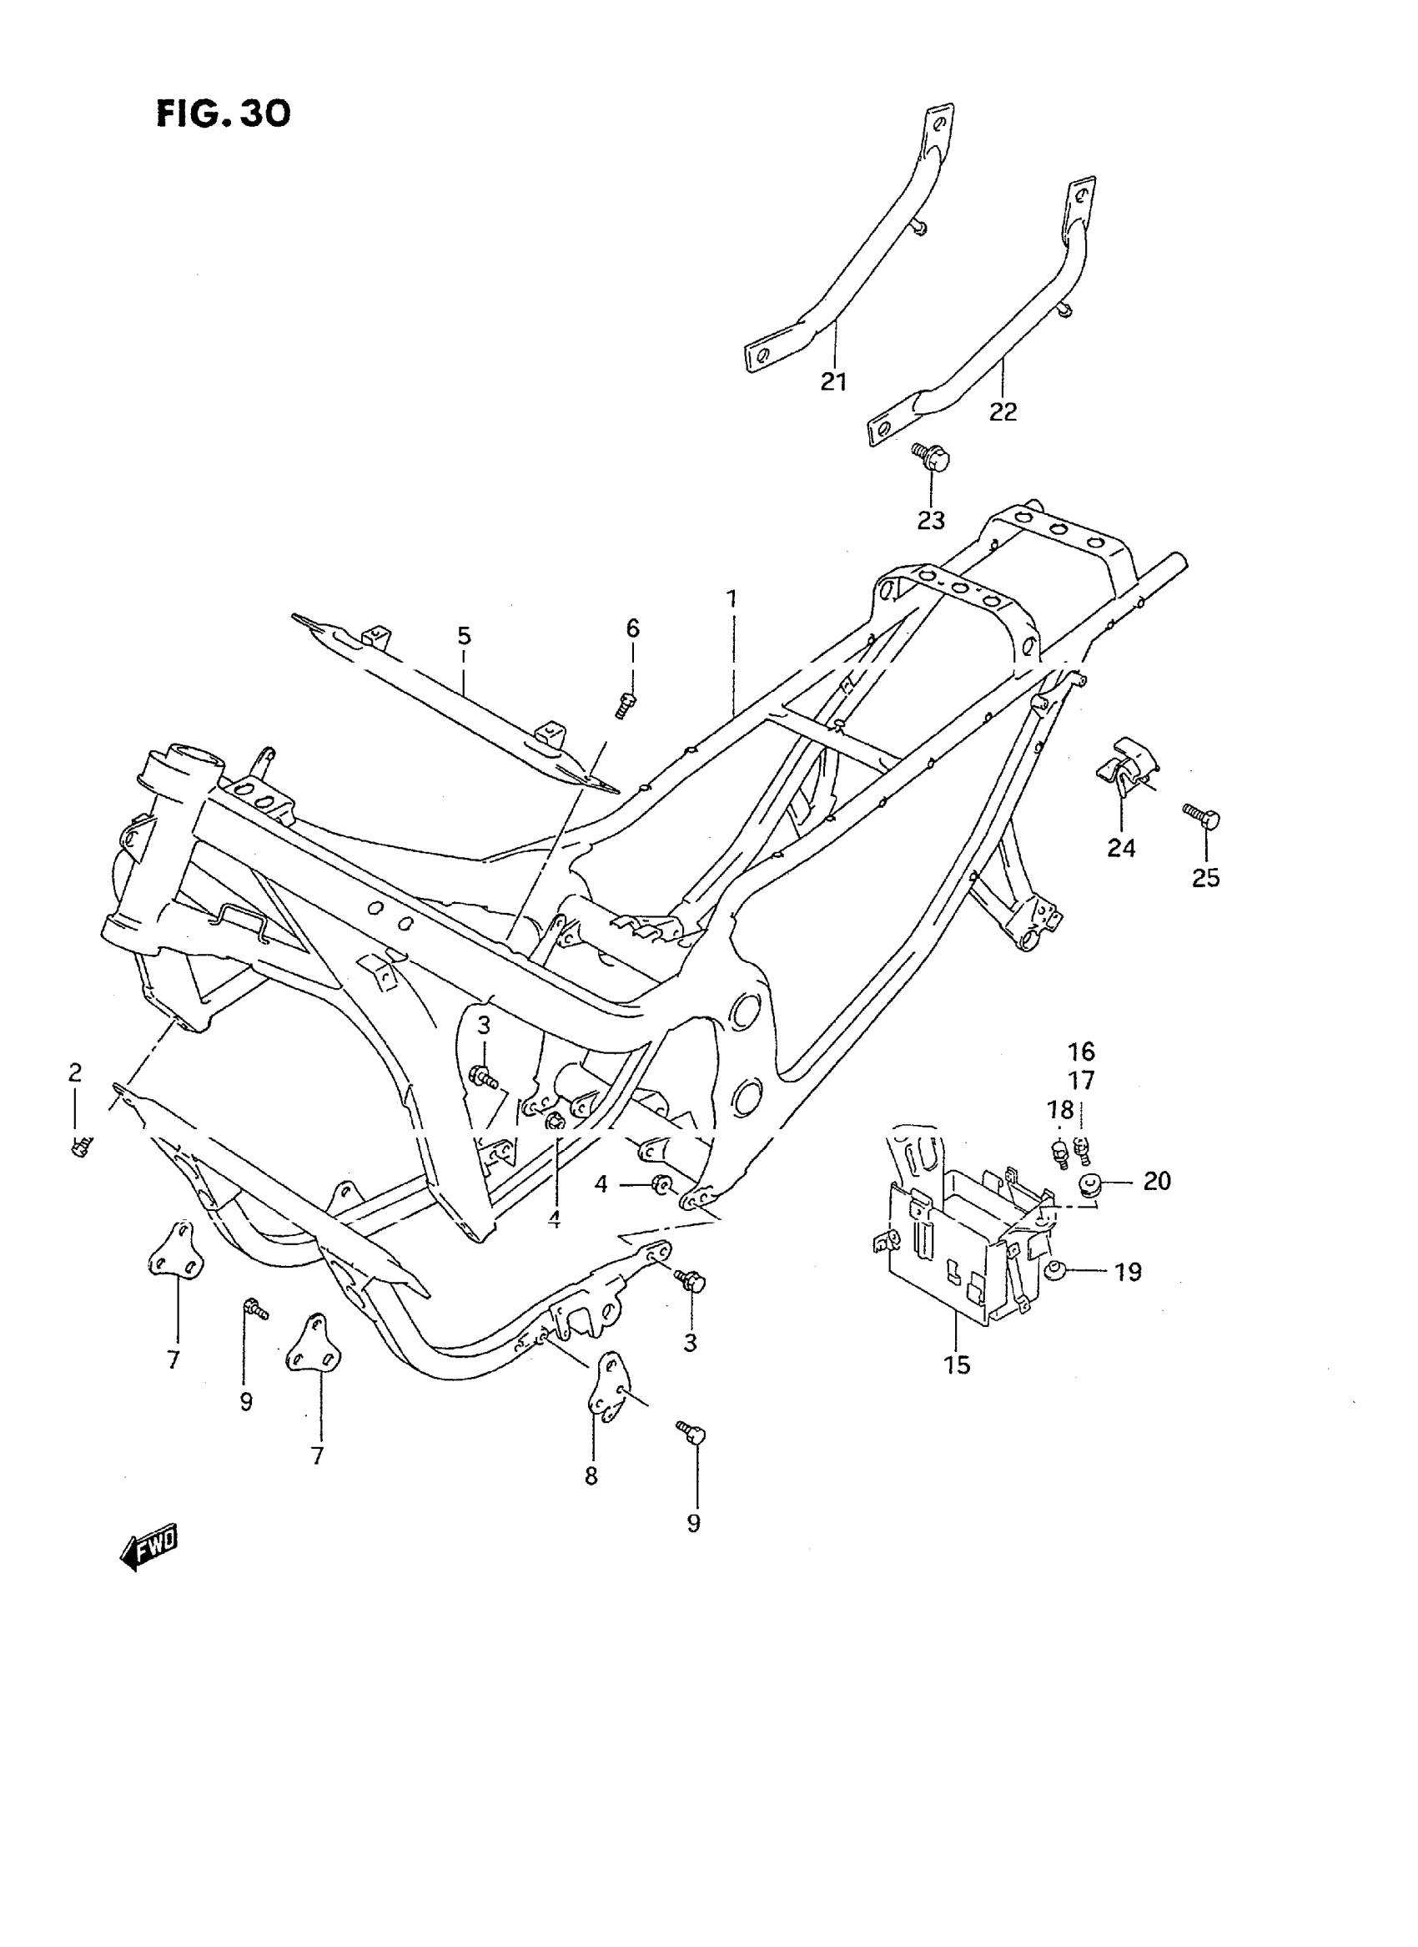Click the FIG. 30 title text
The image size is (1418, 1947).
coord(224,113)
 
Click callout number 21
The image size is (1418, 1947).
coord(832,382)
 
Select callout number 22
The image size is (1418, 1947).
coord(1003,412)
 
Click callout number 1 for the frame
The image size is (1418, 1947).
coord(732,598)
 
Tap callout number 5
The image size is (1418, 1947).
coord(464,637)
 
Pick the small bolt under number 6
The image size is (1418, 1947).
coord(626,705)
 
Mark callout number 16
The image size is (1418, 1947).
coord(1082,1052)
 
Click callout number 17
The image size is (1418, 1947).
coord(1082,1081)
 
